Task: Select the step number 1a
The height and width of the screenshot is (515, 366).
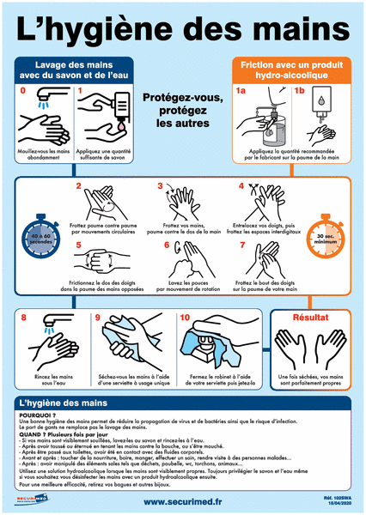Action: pos(241,89)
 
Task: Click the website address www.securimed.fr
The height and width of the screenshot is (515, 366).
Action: pos(183,502)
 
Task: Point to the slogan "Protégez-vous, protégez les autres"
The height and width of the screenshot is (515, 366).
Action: pos(182,111)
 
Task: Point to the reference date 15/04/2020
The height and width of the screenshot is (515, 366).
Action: pos(339,506)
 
